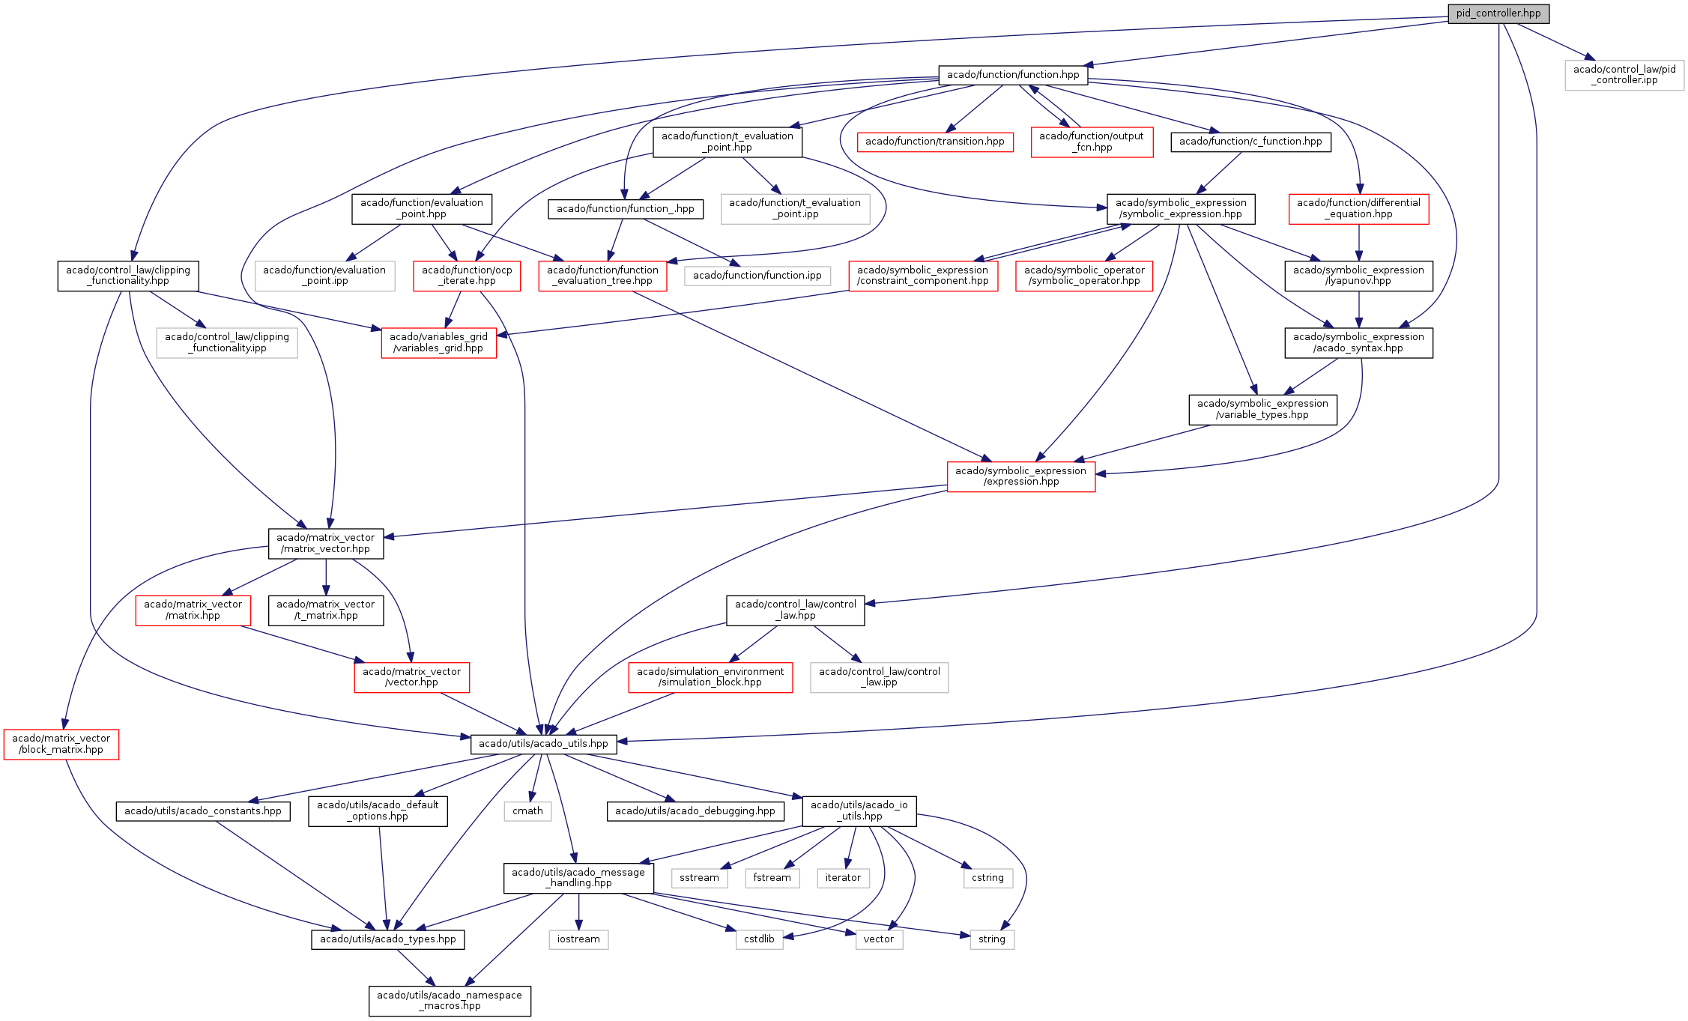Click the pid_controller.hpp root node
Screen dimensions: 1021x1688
click(1498, 13)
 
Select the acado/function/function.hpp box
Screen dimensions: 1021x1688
click(1013, 75)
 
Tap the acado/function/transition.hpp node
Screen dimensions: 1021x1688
click(935, 142)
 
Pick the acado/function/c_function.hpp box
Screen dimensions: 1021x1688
click(1250, 142)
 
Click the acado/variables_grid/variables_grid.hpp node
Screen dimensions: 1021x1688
click(438, 342)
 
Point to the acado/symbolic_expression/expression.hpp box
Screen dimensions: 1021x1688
click(1020, 476)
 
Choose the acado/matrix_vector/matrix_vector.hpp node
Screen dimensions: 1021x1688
click(325, 543)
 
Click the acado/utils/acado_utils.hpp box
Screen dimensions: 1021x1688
click(543, 744)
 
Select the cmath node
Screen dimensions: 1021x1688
click(527, 811)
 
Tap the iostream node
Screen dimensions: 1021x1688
click(578, 939)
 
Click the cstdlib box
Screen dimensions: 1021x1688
click(759, 939)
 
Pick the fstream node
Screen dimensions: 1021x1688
click(772, 878)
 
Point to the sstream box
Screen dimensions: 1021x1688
click(699, 878)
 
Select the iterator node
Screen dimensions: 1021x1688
click(843, 878)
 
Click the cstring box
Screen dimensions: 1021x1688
click(987, 878)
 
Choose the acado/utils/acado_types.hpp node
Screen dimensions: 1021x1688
click(388, 939)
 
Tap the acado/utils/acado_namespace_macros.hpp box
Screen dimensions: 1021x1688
click(450, 1001)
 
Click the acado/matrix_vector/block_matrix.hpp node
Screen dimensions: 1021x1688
click(61, 744)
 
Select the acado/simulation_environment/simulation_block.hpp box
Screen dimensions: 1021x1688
click(710, 677)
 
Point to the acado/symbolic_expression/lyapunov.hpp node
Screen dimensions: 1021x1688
click(1358, 276)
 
